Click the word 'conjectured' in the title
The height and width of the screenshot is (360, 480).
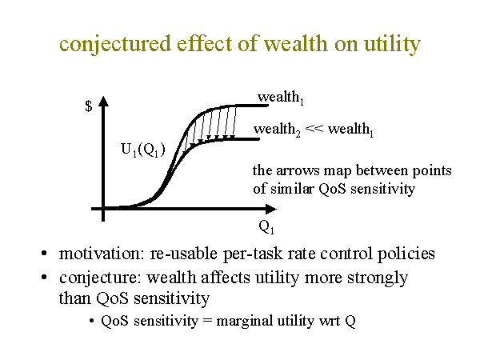click(115, 44)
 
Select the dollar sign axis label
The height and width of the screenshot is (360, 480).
click(89, 106)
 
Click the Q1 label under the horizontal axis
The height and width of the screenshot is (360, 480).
click(266, 227)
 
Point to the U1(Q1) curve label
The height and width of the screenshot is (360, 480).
click(143, 150)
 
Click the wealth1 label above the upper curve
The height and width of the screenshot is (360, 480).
click(281, 98)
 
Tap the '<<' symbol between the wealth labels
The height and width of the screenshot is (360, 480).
click(314, 128)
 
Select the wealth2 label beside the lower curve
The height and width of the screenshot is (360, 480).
click(277, 130)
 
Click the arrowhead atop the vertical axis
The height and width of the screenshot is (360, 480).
click(103, 102)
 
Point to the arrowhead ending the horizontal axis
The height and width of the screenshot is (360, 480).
click(271, 210)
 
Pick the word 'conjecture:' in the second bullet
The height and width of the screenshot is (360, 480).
click(100, 278)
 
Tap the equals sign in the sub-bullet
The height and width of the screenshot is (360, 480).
click(207, 322)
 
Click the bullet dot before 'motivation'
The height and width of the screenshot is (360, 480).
click(44, 254)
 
